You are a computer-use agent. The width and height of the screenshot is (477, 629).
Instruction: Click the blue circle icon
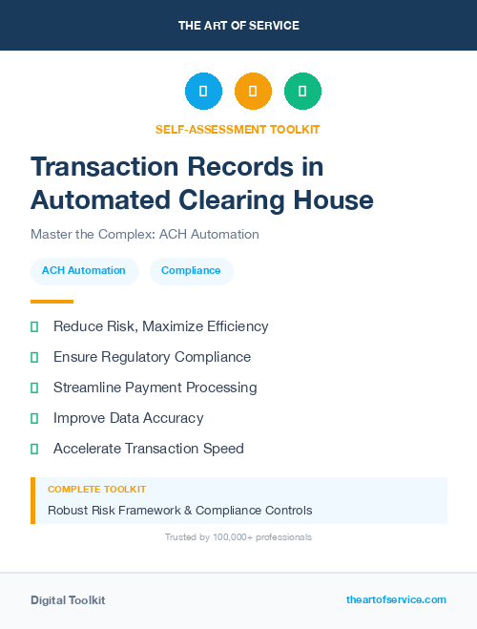[x=203, y=92]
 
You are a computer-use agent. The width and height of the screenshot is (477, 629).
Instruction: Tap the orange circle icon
[x=253, y=92]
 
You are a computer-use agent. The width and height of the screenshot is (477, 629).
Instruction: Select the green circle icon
[x=302, y=92]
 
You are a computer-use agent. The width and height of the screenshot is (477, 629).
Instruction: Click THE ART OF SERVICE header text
[x=238, y=26]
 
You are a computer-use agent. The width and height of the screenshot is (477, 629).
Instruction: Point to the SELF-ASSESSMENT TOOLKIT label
[x=238, y=129]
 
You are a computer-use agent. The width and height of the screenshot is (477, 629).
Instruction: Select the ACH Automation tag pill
[x=84, y=270]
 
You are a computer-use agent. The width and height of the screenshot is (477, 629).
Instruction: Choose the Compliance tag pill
[x=191, y=270]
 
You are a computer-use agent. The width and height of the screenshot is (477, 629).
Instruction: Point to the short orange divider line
[x=52, y=302]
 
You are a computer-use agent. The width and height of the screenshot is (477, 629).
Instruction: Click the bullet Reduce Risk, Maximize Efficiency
[x=160, y=326]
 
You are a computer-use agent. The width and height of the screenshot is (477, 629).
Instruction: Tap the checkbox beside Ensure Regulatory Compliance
[x=34, y=357]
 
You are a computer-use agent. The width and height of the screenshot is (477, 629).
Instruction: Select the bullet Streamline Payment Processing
[x=155, y=388]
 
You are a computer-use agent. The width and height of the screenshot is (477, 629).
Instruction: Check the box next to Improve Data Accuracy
[x=34, y=418]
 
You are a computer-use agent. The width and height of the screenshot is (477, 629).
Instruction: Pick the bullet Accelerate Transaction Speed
[x=148, y=449]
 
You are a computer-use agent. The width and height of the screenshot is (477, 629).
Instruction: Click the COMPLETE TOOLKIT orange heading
[x=96, y=489]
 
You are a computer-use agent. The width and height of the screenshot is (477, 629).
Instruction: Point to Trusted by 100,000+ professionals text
[x=238, y=537]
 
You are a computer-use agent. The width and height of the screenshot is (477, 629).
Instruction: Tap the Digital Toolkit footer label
[x=68, y=600]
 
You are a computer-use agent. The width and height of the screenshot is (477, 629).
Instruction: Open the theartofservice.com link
[x=396, y=599]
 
